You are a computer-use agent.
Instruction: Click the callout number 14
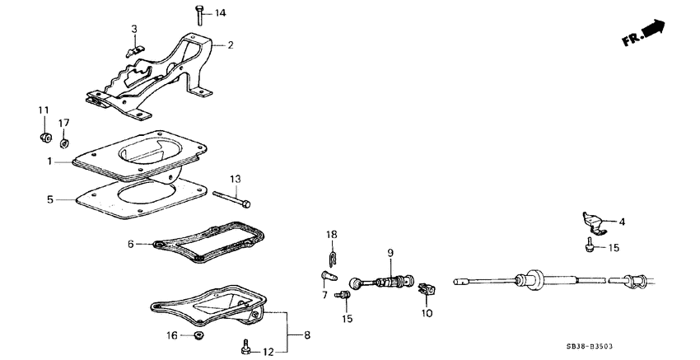[x=220, y=14]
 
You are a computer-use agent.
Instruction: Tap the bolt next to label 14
[x=200, y=15]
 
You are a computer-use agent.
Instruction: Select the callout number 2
[x=231, y=44]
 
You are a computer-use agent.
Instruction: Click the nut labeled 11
[x=46, y=135]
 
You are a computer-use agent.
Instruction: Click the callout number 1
[x=50, y=162]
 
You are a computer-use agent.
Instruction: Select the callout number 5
[x=50, y=199]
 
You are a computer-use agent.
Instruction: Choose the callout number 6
[x=130, y=244]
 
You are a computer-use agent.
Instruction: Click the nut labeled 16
[x=198, y=335]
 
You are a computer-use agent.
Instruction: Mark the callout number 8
[x=307, y=335]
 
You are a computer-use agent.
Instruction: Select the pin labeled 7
[x=326, y=275]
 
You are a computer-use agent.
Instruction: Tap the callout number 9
[x=391, y=252]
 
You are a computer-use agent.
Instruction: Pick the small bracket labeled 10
[x=425, y=289]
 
